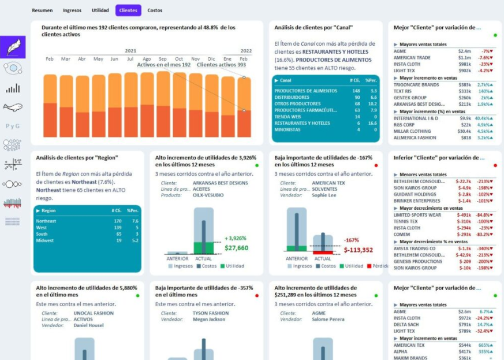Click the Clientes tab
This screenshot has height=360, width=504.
(128, 10)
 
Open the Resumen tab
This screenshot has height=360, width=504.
(42, 10)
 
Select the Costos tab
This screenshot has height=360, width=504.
(155, 10)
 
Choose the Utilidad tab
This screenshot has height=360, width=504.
(100, 10)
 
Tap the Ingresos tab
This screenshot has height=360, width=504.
(72, 10)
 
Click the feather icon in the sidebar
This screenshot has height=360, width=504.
(13, 47)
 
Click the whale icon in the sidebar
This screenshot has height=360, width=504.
(13, 107)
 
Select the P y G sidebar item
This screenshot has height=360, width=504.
(13, 126)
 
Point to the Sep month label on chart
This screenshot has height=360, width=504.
(163, 59)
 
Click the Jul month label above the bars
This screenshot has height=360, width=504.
(130, 59)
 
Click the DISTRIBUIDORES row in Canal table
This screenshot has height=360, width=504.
(292, 98)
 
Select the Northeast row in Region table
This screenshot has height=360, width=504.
(46, 221)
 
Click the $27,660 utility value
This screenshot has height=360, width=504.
(236, 248)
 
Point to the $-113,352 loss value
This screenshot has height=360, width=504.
(358, 250)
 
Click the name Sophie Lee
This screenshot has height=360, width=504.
(324, 196)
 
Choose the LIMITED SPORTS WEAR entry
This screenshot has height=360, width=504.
(417, 215)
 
